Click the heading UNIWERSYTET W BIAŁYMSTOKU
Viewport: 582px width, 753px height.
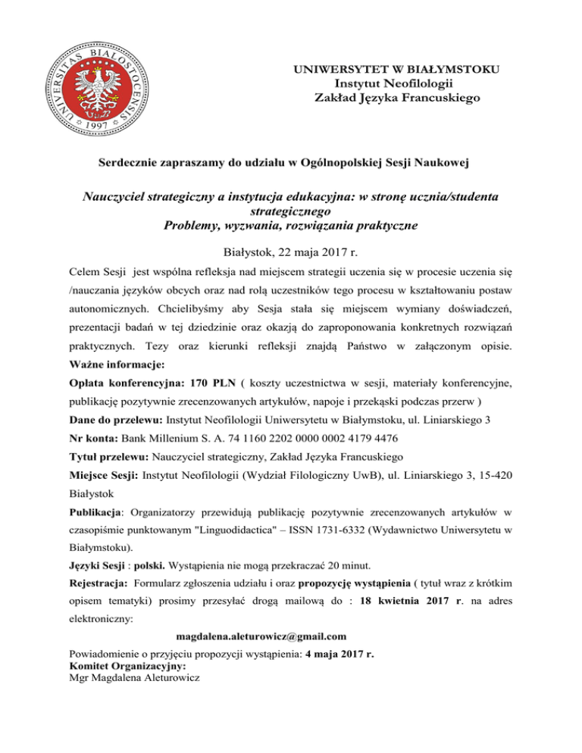[395, 70]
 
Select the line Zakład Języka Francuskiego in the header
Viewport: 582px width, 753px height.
[396, 97]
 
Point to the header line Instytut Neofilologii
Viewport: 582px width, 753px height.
[395, 83]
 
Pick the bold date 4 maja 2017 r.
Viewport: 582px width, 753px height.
[339, 654]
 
